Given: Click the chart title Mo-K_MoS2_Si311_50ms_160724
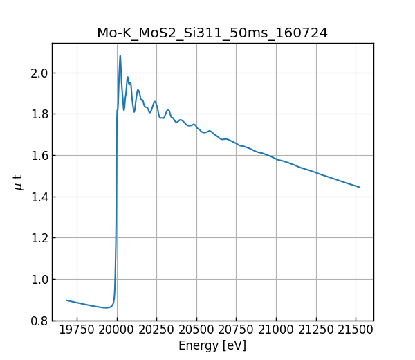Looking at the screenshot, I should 212,33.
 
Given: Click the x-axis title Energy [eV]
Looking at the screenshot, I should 212,345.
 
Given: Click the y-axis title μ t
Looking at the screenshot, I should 18,182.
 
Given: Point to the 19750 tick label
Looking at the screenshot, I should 77,330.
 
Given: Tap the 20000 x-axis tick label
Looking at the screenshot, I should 117,330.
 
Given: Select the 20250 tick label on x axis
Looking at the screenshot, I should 156,330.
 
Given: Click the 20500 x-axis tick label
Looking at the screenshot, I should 196,330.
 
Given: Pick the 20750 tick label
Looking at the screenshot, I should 237,330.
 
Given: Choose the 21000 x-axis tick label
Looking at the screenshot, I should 276,330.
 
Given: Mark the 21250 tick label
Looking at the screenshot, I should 316,330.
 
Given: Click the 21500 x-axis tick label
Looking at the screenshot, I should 356,330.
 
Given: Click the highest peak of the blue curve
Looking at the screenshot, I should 120,56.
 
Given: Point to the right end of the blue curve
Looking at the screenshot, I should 359,187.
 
